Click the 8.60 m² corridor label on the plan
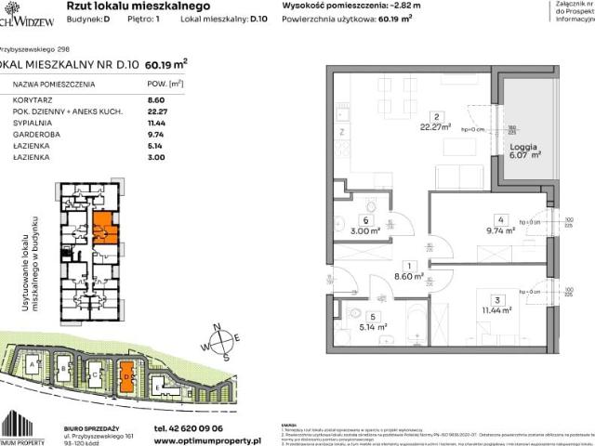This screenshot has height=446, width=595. tap(408, 276)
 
